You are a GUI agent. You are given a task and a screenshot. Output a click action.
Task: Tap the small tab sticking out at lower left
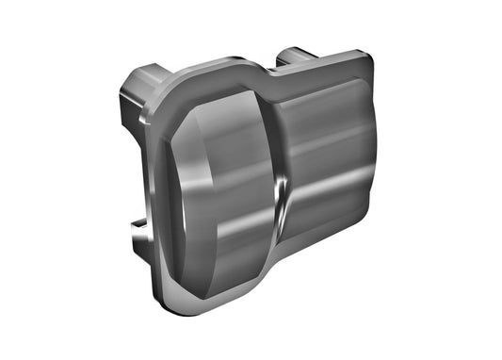click(138, 225)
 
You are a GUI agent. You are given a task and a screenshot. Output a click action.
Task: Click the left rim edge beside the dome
click(151, 188)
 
